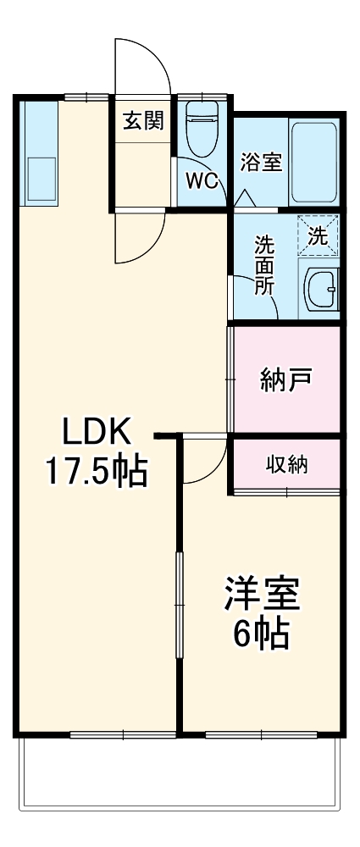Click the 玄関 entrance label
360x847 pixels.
pos(143,122)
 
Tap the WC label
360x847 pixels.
pos(202,180)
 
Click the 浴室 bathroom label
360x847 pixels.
pos(261,162)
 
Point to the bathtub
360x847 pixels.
pos(314,160)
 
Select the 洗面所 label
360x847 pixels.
pos(265,263)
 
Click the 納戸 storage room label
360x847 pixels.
pos(285,378)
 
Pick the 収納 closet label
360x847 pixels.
pos(286,464)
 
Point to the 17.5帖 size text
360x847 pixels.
pos(96,472)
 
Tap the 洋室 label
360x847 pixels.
pos(262,593)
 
